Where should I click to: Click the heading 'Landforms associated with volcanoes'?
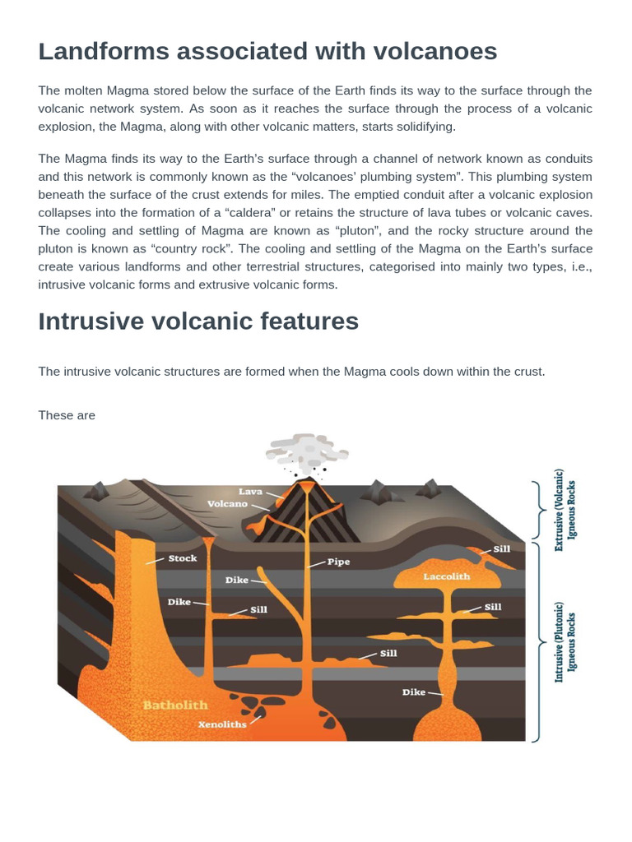coord(267,52)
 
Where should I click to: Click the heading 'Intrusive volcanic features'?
coord(198,321)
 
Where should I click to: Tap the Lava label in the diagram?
coord(250,492)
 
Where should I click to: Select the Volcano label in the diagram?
coord(227,503)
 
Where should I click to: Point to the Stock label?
coord(183,558)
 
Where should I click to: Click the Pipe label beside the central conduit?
coord(338,562)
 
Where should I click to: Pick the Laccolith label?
coord(447,576)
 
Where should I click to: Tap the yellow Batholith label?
coord(175,705)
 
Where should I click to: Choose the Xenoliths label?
coord(222,724)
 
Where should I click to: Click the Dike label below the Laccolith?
coord(414,692)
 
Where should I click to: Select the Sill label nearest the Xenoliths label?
coord(388,654)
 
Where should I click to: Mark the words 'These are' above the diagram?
coord(67,415)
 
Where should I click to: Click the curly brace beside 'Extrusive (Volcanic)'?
coord(539,509)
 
